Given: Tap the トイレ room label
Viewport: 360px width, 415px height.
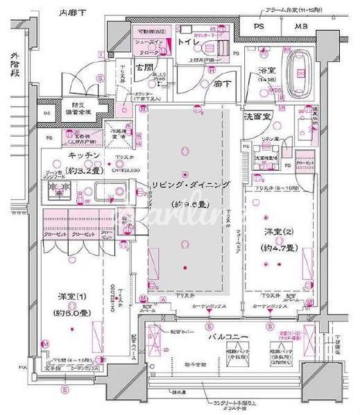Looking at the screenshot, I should (x=191, y=42).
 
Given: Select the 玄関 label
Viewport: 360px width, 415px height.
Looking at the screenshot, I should (x=144, y=67).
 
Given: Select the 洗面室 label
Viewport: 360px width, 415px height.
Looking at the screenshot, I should (x=260, y=118).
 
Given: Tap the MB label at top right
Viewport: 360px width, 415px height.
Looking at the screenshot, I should (x=301, y=27).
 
